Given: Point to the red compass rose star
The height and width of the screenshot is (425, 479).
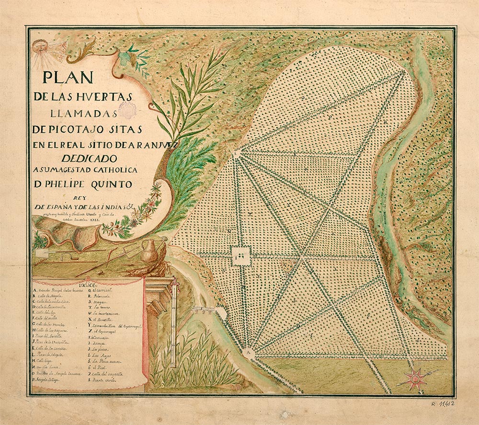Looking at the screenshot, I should [414, 379].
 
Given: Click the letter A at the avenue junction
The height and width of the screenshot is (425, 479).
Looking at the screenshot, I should [248, 351].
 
